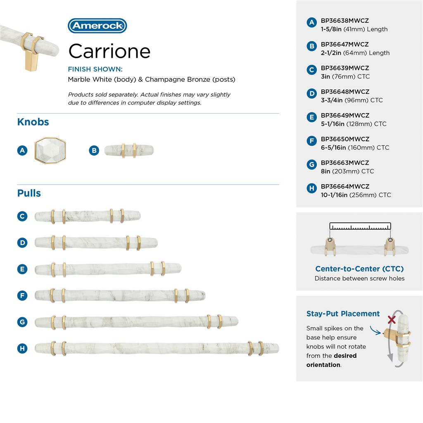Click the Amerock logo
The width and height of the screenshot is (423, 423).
(x=97, y=26)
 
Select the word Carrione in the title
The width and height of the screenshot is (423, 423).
(x=109, y=51)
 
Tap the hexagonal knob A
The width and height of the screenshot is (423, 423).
(x=50, y=150)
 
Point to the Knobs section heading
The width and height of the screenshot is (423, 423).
(x=33, y=122)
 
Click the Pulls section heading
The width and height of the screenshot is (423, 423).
(x=29, y=193)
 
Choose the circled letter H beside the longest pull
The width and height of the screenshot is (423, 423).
(x=22, y=348)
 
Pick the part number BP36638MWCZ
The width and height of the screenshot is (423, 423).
(x=345, y=21)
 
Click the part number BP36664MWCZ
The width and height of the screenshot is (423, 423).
(x=345, y=186)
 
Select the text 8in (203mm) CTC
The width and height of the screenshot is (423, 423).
(x=347, y=171)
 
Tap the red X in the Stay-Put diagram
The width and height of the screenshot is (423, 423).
(x=392, y=320)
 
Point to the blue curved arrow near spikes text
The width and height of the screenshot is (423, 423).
(x=375, y=330)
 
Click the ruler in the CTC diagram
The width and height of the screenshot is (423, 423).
(x=360, y=226)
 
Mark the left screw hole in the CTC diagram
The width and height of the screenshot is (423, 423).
(x=330, y=240)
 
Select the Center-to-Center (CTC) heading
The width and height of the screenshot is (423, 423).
(x=359, y=269)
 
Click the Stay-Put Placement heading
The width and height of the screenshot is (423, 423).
(x=343, y=314)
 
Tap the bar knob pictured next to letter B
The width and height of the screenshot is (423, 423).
(x=129, y=150)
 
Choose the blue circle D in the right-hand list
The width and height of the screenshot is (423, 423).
(x=311, y=94)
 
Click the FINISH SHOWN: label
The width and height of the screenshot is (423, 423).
(x=95, y=69)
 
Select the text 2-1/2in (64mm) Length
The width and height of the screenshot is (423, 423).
(x=355, y=53)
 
